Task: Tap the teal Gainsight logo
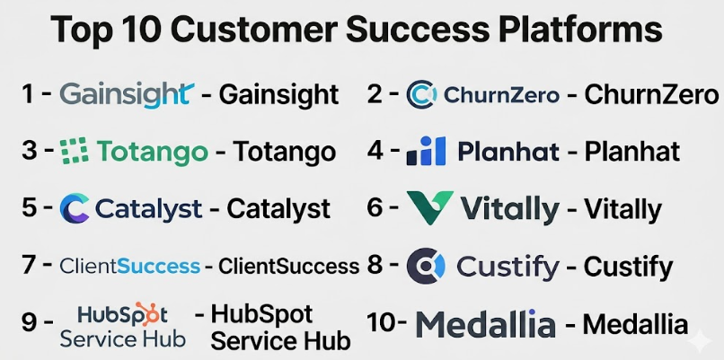click(127, 95)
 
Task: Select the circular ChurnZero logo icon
click(421, 94)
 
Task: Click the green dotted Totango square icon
click(74, 151)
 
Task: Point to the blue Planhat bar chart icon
click(426, 151)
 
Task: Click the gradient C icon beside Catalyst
click(75, 208)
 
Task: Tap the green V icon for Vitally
click(429, 207)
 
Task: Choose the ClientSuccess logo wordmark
click(130, 267)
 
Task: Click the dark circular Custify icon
click(426, 266)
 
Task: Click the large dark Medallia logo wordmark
click(485, 324)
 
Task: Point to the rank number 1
click(28, 94)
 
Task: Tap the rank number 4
click(375, 151)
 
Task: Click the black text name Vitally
click(622, 210)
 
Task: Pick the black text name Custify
click(628, 268)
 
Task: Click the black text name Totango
click(284, 152)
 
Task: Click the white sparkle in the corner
click(700, 341)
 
